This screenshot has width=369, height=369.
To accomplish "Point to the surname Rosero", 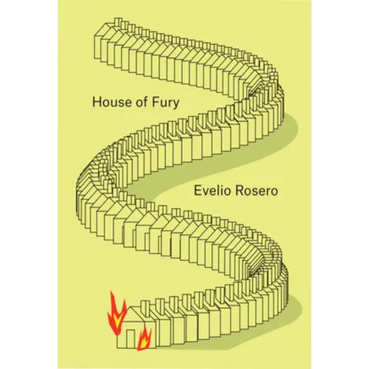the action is (x=256, y=191).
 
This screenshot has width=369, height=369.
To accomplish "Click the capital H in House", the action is (x=97, y=102).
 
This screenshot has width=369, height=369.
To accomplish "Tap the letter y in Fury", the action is (x=176, y=104).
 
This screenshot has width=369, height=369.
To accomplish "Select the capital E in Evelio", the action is (x=198, y=191).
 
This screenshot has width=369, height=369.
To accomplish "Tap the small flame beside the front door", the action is (x=145, y=339).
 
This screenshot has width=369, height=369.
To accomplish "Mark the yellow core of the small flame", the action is (x=143, y=342).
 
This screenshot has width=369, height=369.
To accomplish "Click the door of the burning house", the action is (x=131, y=339).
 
